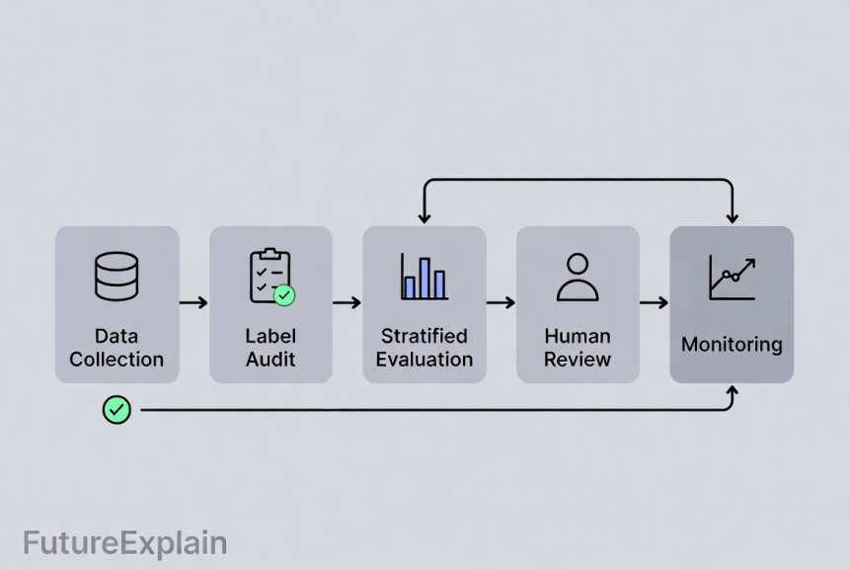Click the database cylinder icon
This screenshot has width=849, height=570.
(x=116, y=277)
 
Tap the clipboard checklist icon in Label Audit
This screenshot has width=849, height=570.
(x=270, y=276)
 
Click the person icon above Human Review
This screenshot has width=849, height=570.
(x=578, y=277)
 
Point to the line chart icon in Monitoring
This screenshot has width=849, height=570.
(x=732, y=278)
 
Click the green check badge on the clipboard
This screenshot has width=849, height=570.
(x=284, y=294)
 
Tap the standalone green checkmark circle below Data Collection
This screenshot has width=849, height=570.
(x=116, y=408)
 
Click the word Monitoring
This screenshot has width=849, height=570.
(x=732, y=345)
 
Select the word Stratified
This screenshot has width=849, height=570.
(x=424, y=336)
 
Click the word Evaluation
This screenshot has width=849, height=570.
(x=424, y=360)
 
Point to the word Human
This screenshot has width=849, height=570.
(x=578, y=336)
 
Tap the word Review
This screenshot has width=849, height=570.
(x=578, y=360)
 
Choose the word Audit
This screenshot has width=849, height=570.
(x=270, y=360)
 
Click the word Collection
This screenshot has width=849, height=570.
(x=116, y=360)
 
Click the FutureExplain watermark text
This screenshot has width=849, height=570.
(x=124, y=543)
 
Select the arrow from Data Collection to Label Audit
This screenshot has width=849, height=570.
(x=194, y=302)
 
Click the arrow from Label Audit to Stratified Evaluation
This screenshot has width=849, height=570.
(x=347, y=302)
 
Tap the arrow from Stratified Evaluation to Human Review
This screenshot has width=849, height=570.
(x=502, y=302)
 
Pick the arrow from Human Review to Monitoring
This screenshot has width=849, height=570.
(x=655, y=302)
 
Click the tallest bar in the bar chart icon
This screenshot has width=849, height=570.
(x=424, y=278)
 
